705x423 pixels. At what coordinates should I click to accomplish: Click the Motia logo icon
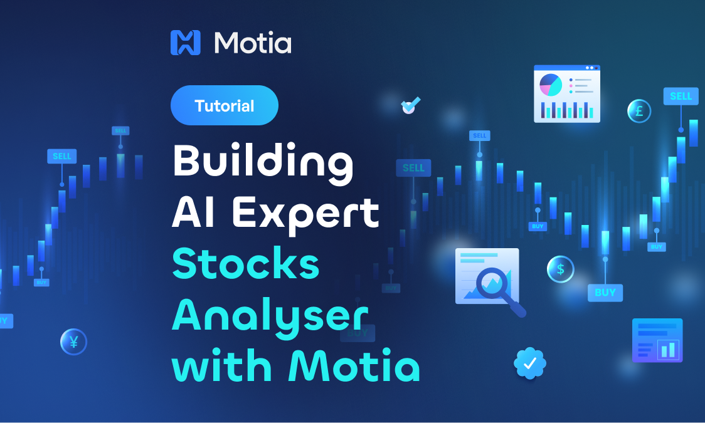click(x=185, y=43)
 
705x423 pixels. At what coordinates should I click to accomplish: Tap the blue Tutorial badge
click(x=224, y=105)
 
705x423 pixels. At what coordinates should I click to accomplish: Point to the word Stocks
click(x=246, y=264)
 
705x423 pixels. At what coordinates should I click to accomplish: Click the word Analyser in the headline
click(x=270, y=316)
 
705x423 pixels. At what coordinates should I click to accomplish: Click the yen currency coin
click(x=73, y=342)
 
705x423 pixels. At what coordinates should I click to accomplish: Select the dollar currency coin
click(x=560, y=269)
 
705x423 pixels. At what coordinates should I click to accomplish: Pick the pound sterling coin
click(x=639, y=112)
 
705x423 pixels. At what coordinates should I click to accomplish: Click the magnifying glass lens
click(x=494, y=283)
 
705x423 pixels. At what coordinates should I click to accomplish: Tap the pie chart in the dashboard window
click(x=551, y=85)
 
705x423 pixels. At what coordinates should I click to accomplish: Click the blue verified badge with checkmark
click(x=530, y=363)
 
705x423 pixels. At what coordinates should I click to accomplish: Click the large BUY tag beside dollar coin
click(x=605, y=292)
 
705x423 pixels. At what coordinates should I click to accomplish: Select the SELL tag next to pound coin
click(x=681, y=96)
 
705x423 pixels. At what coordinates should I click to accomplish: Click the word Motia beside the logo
click(x=253, y=43)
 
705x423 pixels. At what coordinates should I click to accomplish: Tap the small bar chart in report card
click(x=667, y=350)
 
